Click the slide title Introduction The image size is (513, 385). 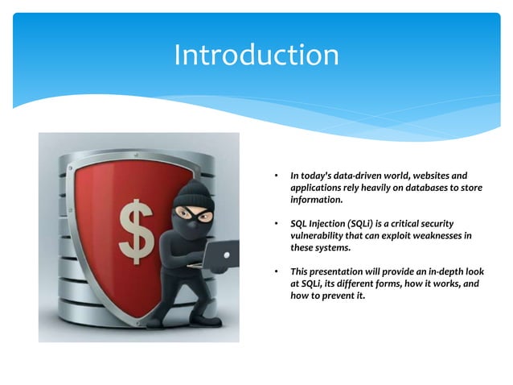pos(256,55)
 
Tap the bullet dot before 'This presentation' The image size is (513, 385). pos(275,272)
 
